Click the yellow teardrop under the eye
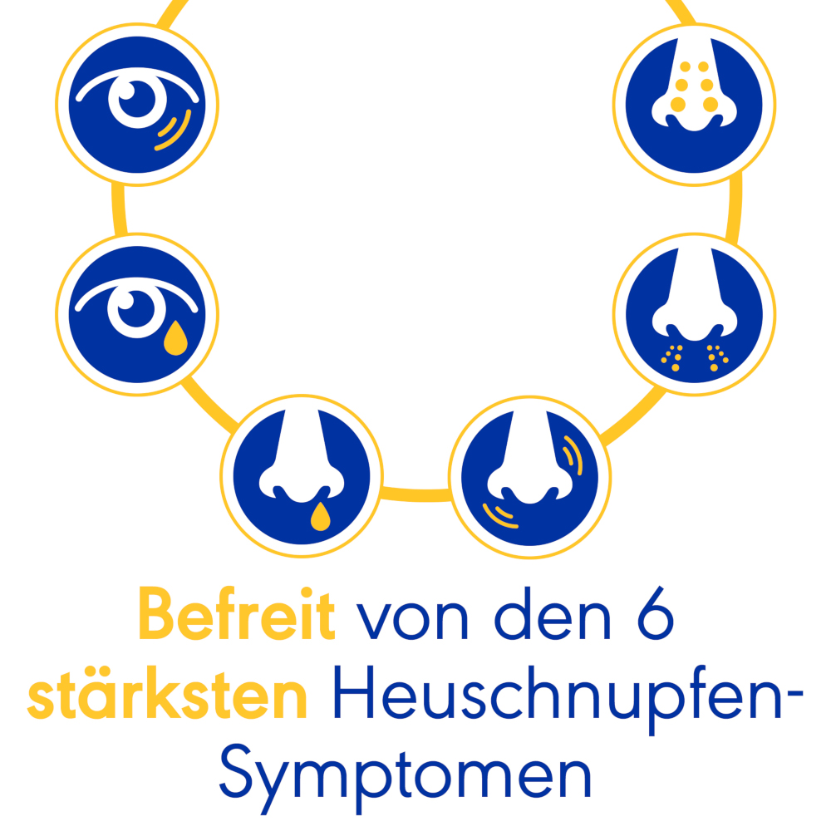pos(175,338)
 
